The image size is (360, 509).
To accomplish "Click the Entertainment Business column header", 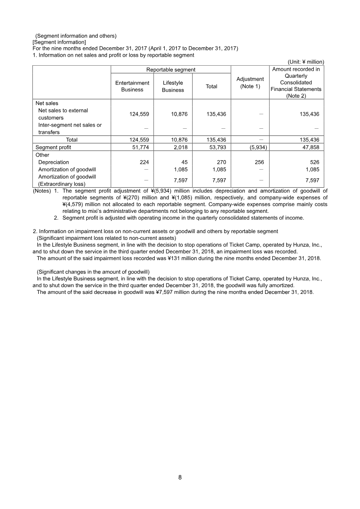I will click(x=132, y=86).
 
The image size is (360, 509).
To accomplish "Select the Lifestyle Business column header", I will click(x=173, y=86).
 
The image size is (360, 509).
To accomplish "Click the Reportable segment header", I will click(x=171, y=70).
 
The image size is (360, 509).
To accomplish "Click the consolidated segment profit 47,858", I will click(x=310, y=147).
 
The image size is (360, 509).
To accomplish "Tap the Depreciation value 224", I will click(x=144, y=162).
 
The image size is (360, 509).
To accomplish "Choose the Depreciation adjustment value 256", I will click(x=262, y=162).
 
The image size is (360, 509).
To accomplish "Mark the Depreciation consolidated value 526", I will click(x=314, y=162).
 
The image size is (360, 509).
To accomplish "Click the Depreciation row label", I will click(x=54, y=162).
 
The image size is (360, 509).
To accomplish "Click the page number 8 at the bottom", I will click(x=180, y=477).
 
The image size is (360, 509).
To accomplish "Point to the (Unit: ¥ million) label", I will click(x=306, y=62).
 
